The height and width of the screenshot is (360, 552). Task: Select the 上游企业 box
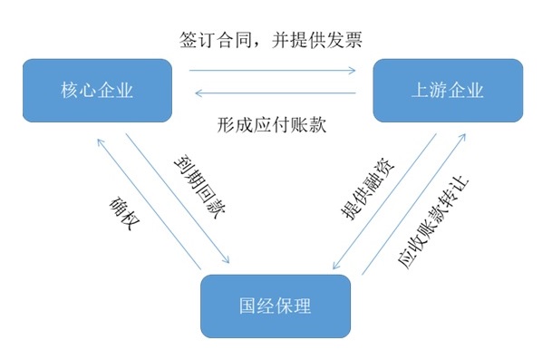[x=447, y=90]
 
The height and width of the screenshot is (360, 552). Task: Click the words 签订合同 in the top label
[x=214, y=41]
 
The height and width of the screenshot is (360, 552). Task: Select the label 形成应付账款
[x=273, y=124]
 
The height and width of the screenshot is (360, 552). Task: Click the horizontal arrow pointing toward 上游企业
[x=272, y=69]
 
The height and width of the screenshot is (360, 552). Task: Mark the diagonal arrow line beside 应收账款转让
[x=414, y=204]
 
